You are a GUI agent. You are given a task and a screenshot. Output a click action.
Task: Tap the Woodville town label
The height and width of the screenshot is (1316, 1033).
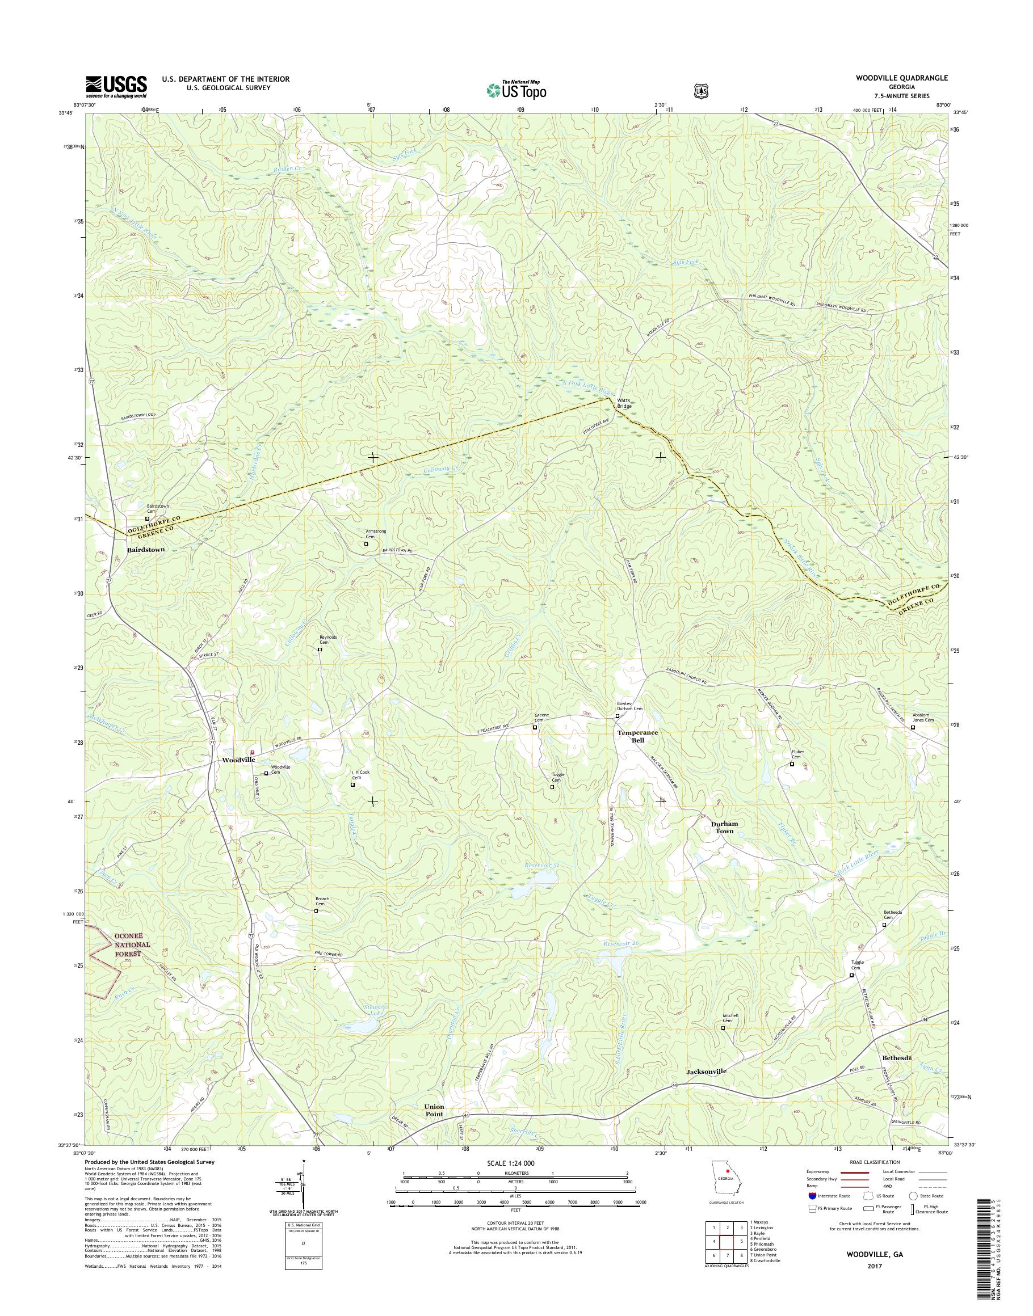238,760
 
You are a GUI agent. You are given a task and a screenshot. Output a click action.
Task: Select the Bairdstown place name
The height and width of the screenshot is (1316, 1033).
146,550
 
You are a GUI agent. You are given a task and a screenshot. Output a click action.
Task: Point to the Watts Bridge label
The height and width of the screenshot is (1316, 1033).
624,403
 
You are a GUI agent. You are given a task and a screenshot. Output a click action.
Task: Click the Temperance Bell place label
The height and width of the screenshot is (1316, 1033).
637,736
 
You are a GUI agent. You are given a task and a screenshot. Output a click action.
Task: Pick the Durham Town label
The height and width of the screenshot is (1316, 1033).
725,828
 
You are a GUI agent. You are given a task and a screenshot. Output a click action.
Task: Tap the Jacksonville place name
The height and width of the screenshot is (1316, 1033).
706,1071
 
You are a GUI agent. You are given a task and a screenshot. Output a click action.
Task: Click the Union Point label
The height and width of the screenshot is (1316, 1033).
434,1110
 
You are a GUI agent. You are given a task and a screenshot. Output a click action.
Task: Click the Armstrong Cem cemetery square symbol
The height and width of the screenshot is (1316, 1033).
366,543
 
